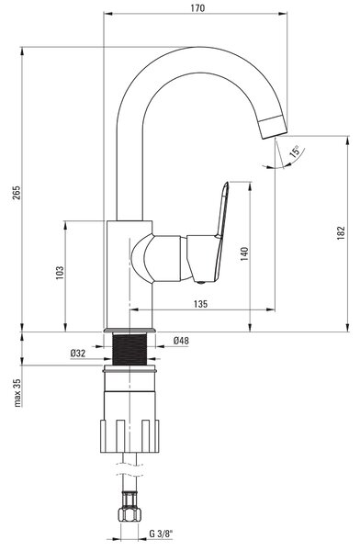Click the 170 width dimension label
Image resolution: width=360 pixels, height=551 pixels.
tap(197, 7)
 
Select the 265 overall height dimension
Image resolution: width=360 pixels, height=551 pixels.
tap(17, 193)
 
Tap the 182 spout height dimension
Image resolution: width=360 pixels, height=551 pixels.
tap(341, 233)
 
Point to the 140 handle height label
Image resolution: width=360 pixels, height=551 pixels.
tap(244, 253)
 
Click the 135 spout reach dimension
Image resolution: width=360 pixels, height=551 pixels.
tap(200, 304)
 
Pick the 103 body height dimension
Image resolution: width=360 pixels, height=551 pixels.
tap(60, 273)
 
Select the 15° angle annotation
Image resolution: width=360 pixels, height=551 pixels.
tap(295, 152)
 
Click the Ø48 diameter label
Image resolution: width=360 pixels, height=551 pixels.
tap(181, 340)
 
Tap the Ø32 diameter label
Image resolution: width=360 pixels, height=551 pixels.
tap(78, 354)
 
